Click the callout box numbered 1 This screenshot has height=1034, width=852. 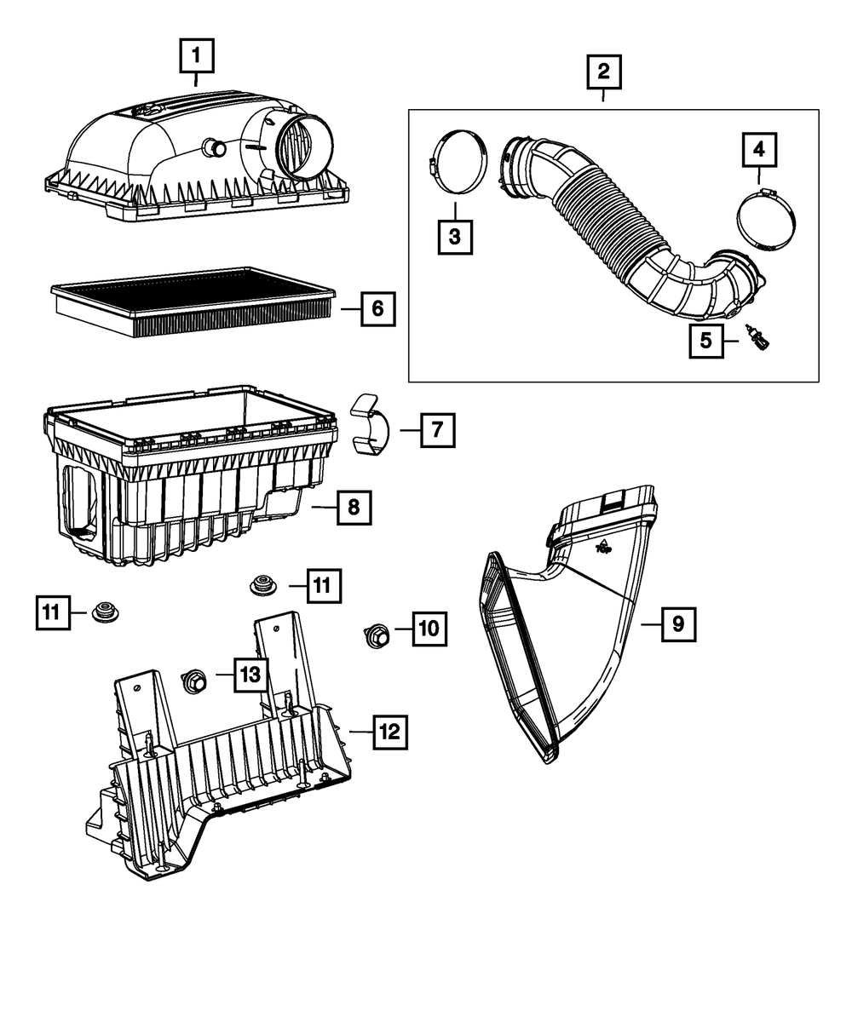(x=196, y=59)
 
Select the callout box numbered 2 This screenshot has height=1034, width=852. (x=603, y=72)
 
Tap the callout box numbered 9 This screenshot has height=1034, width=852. (x=677, y=624)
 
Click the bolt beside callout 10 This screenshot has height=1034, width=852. (x=378, y=635)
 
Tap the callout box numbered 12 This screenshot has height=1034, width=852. (x=389, y=731)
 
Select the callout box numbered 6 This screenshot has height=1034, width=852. (x=377, y=309)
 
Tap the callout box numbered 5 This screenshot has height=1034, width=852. (x=705, y=341)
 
